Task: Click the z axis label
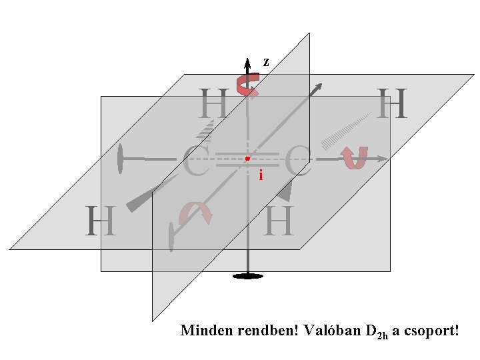266,62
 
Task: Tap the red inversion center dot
247,159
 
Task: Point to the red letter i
261,176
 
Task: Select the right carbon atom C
298,162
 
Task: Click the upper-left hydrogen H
214,104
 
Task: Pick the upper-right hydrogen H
393,104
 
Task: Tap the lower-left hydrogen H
100,221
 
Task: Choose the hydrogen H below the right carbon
279,221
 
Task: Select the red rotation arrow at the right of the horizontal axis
354,158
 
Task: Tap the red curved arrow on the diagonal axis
195,213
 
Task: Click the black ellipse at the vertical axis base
247,275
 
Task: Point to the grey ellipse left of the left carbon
121,159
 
